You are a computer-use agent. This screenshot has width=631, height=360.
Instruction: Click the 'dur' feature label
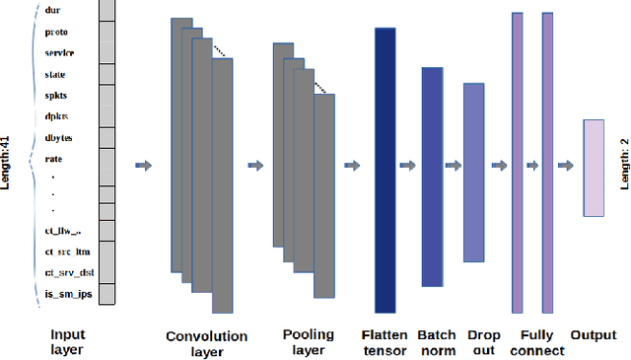click(53, 11)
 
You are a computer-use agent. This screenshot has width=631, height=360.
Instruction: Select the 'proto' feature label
click(56, 32)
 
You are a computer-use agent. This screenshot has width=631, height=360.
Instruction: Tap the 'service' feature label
click(59, 52)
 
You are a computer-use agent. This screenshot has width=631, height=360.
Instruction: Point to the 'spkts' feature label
click(56, 95)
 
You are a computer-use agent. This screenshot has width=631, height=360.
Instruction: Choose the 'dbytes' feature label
click(59, 137)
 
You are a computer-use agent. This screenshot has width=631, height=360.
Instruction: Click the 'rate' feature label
click(54, 158)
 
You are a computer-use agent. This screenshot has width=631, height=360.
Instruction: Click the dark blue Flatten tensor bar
click(385, 170)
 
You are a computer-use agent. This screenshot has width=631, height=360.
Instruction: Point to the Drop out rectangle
click(474, 173)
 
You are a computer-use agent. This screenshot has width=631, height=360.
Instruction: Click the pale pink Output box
click(593, 167)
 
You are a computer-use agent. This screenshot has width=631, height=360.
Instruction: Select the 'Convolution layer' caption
click(207, 343)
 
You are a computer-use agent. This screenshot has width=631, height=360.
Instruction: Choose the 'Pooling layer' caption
click(308, 342)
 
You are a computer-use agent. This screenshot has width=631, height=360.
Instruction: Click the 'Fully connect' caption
click(540, 342)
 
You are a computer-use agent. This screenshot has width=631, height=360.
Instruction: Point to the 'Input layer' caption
click(67, 342)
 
